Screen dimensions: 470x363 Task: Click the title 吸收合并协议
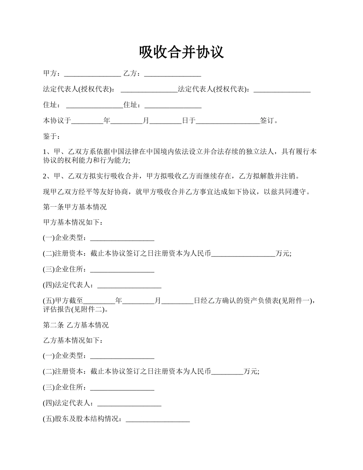point(181,52)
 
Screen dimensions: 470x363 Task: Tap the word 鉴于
point(49,136)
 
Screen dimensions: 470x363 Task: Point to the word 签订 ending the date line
point(267,121)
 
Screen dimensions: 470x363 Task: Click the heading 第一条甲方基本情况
point(75,207)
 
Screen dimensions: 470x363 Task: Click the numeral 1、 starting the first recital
point(47,152)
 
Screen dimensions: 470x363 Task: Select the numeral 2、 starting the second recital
point(47,176)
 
